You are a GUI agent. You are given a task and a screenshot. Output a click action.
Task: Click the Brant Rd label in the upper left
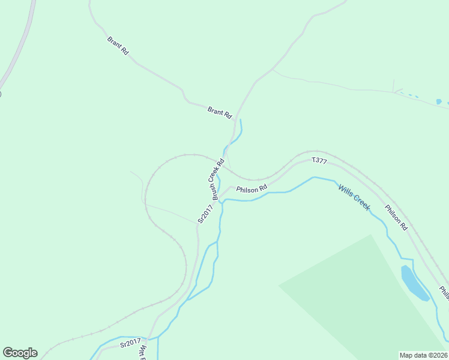[118, 46]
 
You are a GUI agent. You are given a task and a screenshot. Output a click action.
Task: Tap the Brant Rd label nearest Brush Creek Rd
[219, 112]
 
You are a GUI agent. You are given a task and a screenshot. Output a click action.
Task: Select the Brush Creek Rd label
[217, 179]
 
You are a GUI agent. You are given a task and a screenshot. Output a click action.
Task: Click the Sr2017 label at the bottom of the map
[129, 343]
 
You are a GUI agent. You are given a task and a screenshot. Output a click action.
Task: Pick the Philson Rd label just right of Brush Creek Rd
[252, 189]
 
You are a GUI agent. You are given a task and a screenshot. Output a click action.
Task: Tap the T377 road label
[319, 161]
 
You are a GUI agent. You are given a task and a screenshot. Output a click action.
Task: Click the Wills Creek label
[354, 197]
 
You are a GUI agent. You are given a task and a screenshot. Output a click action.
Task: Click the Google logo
[20, 353]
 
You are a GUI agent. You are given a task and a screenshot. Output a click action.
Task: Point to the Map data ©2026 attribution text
[423, 355]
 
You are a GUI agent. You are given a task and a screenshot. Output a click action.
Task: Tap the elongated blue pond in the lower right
[414, 283]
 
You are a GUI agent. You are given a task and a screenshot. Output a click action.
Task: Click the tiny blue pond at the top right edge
[439, 101]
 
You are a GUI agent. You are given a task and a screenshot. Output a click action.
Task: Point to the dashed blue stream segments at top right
[409, 94]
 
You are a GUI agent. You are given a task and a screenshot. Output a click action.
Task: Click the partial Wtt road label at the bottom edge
[143, 352]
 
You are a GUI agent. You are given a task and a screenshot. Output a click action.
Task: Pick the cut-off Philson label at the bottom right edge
[444, 292]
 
